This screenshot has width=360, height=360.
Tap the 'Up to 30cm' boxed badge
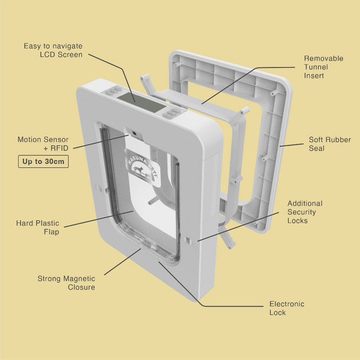[43, 162]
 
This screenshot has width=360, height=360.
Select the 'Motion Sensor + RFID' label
[43, 143]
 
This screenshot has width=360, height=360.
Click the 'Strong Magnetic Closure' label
[66, 283]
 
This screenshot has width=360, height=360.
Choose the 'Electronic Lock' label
[287, 309]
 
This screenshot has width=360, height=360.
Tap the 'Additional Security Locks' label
[305, 212]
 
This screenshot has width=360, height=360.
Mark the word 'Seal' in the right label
[318, 149]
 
